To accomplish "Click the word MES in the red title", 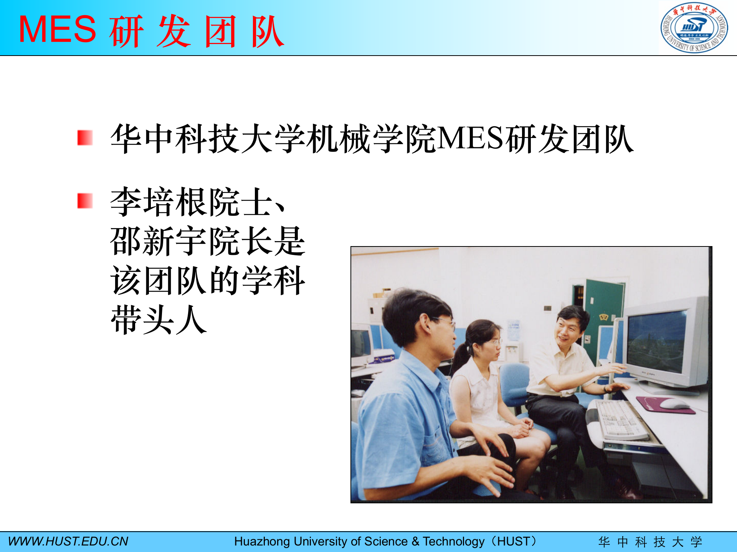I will pyautogui.click(x=58, y=30).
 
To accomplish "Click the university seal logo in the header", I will pyautogui.click(x=694, y=28).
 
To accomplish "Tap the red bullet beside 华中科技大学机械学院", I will pyautogui.click(x=85, y=138).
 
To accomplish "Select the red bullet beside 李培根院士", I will pyautogui.click(x=85, y=201).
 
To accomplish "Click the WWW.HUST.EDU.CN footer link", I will pyautogui.click(x=68, y=541).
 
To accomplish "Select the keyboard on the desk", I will pyautogui.click(x=622, y=420).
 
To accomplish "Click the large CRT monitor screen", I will pyautogui.click(x=656, y=342).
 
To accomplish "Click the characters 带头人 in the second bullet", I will pyautogui.click(x=159, y=320).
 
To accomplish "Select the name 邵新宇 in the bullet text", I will pyautogui.click(x=159, y=242).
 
